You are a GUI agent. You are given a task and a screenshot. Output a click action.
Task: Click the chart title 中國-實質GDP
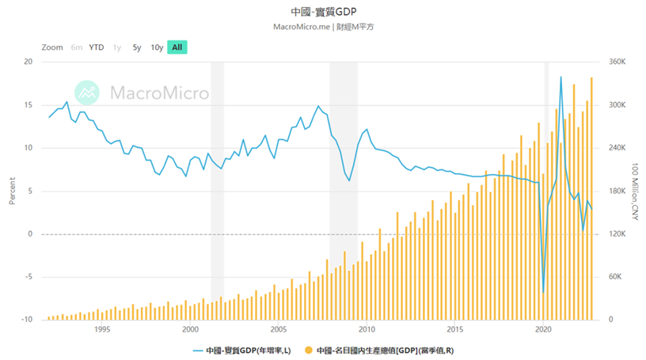coord(322,12)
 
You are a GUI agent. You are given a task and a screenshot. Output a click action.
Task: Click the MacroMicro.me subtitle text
coord(322,27)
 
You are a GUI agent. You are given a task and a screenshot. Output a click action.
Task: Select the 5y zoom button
coord(137,47)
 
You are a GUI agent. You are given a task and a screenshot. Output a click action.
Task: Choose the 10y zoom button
coord(157,47)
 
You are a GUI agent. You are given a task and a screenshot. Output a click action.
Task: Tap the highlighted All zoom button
coord(177,47)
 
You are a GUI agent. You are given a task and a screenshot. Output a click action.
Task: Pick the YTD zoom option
coord(97,47)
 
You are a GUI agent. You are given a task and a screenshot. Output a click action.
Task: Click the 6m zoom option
coord(77,47)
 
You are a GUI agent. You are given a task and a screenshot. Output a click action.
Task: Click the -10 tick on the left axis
coord(26,320)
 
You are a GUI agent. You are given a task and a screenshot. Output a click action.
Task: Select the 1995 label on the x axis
coord(101,330)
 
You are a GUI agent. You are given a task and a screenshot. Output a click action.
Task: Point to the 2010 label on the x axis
coord(367,330)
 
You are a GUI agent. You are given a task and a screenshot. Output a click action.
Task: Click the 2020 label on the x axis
coord(543,330)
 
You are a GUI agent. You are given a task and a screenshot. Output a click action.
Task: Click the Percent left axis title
coord(12,191)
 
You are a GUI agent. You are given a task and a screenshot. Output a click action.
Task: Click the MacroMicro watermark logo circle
coord(87,93)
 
